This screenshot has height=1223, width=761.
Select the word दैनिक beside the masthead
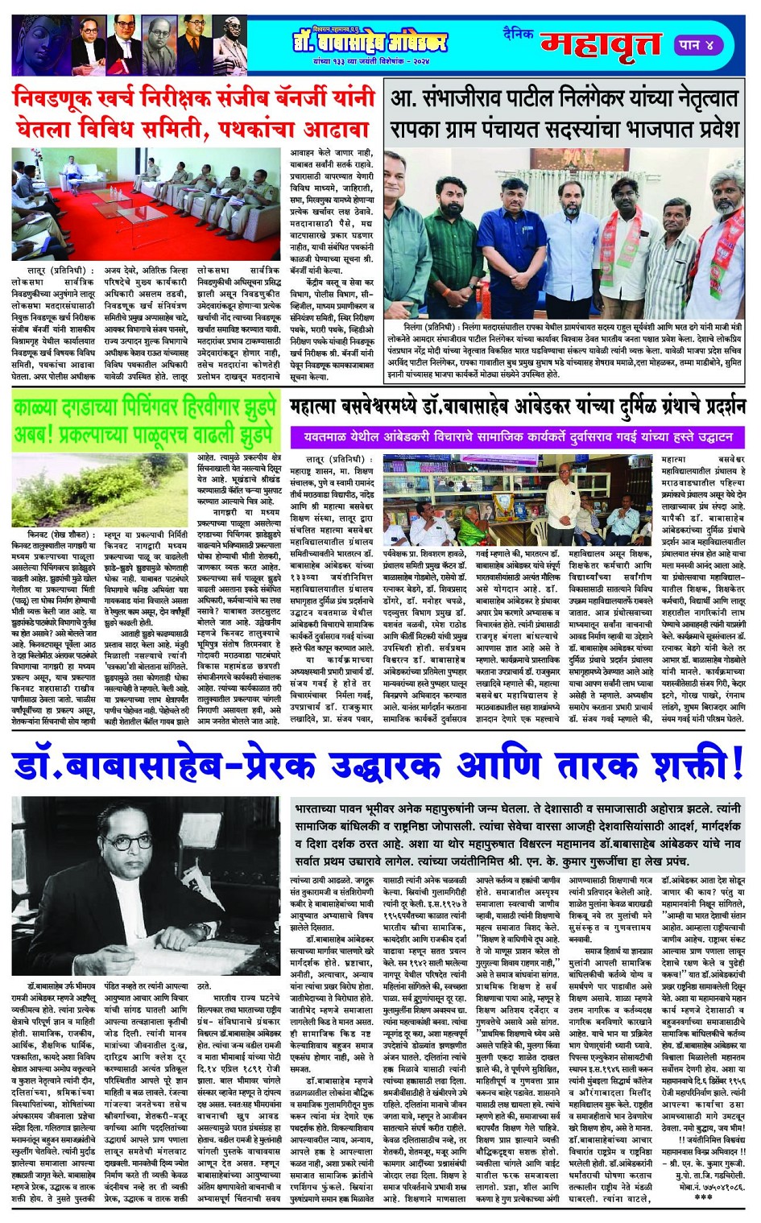[519, 34]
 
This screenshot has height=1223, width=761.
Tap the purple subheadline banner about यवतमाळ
[519, 437]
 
